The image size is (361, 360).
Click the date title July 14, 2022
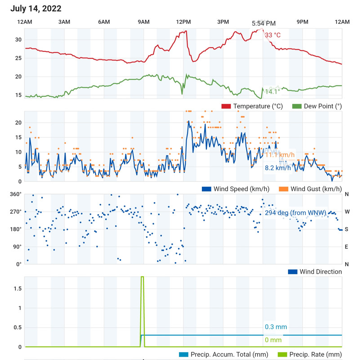36,9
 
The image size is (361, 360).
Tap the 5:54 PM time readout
263,23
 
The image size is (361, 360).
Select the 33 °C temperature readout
272,35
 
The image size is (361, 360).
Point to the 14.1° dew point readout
272,91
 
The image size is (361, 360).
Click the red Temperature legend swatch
226,106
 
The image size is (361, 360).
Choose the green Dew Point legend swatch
297,106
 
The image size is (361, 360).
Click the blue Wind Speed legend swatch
207,189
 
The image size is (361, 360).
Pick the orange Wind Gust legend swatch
284,189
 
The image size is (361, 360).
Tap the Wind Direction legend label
321,271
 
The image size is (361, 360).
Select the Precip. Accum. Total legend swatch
183,354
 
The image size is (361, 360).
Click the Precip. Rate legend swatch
283,354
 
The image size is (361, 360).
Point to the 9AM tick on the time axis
144,22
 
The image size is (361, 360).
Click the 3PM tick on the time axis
223,22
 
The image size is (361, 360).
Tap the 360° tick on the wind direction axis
16,194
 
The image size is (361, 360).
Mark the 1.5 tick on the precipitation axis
17,288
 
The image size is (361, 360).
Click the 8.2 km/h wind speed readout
278,168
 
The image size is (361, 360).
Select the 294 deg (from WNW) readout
295,213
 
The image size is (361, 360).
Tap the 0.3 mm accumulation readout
276,327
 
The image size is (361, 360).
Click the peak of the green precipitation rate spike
143,277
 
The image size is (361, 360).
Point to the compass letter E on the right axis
347,247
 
